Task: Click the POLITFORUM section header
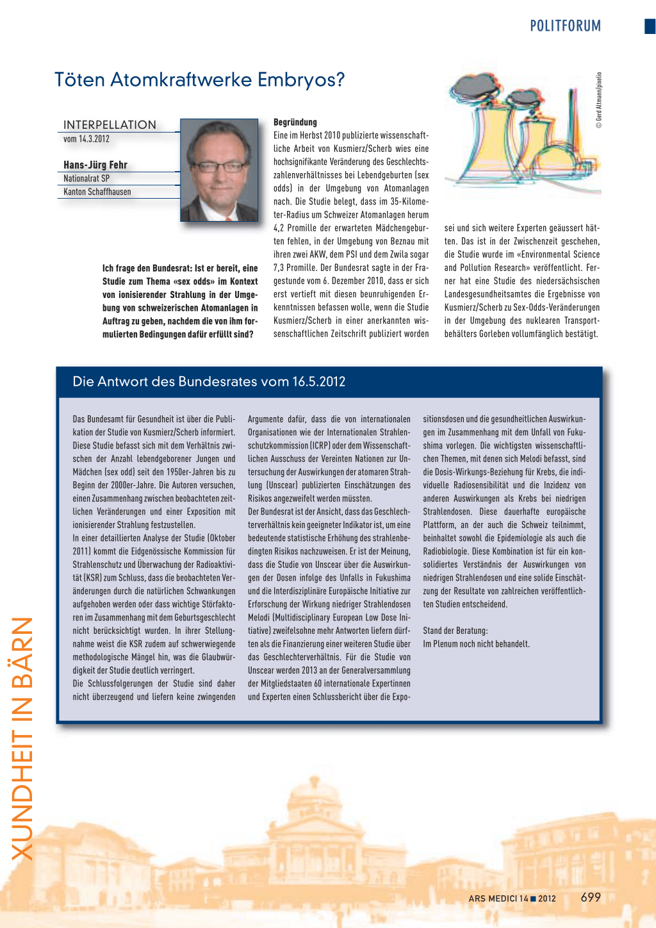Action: pyautogui.click(x=565, y=26)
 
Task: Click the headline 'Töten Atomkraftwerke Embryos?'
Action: pyautogui.click(x=199, y=79)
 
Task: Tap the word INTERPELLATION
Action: pyautogui.click(x=110, y=124)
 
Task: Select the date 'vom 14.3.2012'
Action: pyautogui.click(x=86, y=139)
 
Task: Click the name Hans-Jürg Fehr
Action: pyautogui.click(x=95, y=165)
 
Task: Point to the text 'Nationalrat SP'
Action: pyautogui.click(x=86, y=178)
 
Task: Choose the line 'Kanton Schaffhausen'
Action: pyautogui.click(x=97, y=192)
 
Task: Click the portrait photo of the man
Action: pyautogui.click(x=218, y=170)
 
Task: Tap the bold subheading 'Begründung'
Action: pyautogui.click(x=295, y=122)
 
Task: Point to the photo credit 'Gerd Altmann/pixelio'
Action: pyautogui.click(x=599, y=100)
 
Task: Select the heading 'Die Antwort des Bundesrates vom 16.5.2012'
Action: pyautogui.click(x=209, y=381)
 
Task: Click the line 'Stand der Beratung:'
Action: pyautogui.click(x=455, y=631)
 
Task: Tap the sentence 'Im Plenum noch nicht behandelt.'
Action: pyautogui.click(x=476, y=644)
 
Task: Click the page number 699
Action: pyautogui.click(x=591, y=897)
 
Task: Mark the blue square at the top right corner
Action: pyautogui.click(x=650, y=26)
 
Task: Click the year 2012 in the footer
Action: pyautogui.click(x=547, y=899)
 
